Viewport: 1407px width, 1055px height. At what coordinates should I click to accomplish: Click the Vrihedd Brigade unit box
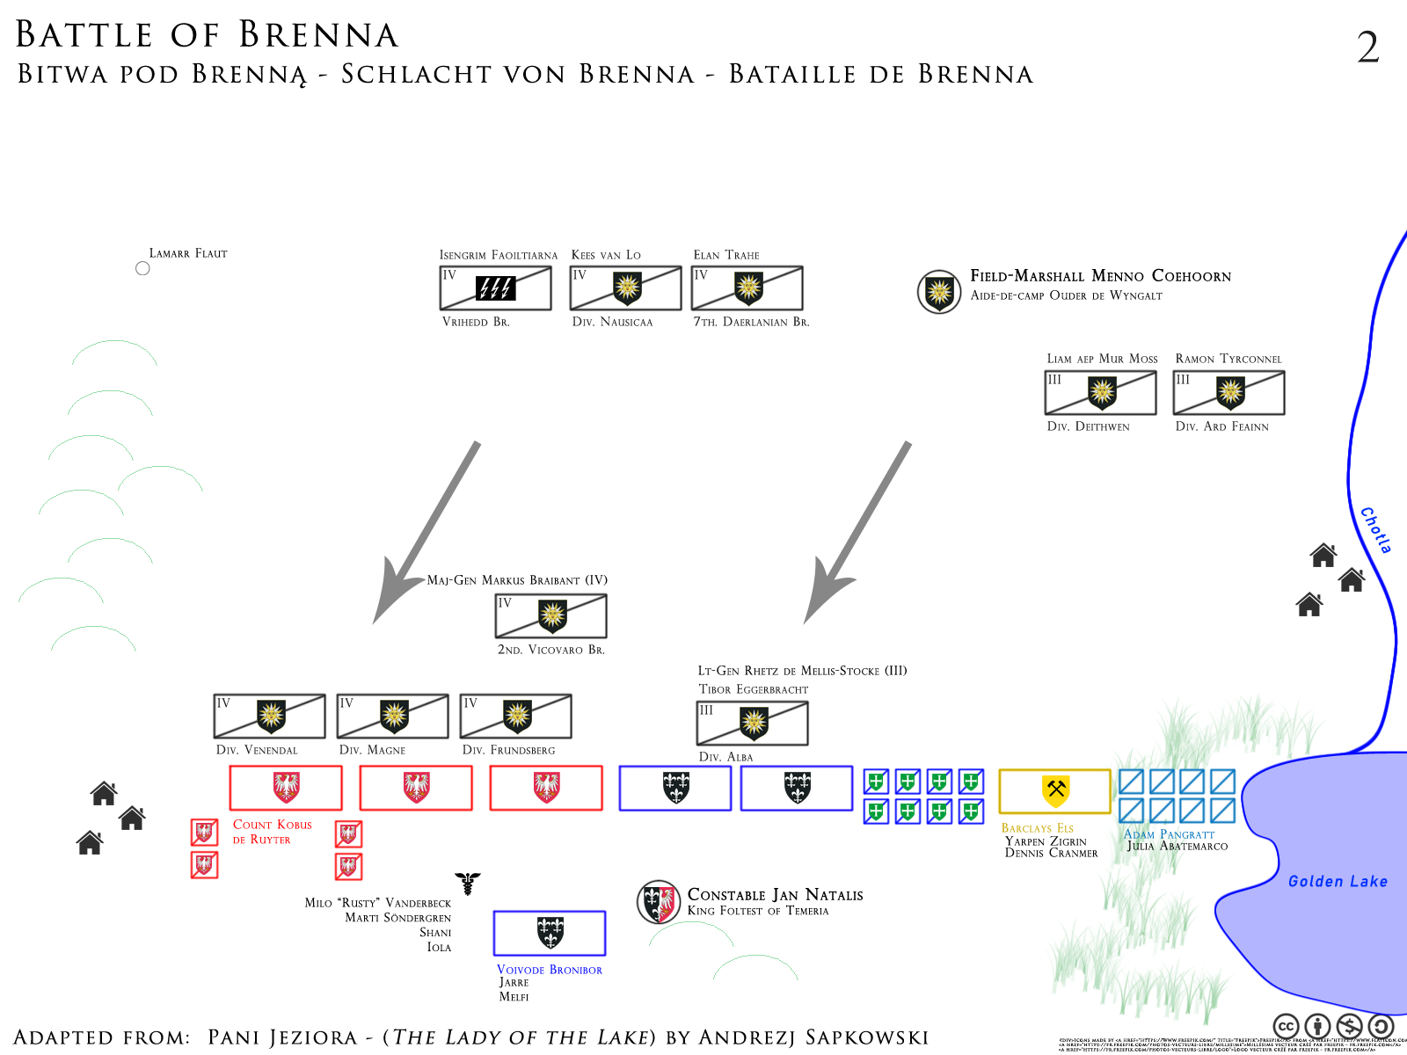(495, 288)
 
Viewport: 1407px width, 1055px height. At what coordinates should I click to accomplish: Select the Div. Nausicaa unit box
(625, 288)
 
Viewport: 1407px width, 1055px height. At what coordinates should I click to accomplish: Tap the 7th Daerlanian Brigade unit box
(747, 288)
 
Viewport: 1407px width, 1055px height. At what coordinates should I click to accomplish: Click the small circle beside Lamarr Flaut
(142, 268)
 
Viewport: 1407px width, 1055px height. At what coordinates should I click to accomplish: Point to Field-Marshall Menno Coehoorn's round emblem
(939, 291)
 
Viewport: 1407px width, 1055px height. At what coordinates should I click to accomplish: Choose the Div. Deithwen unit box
(1100, 392)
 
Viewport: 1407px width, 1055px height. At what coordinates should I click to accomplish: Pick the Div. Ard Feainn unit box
(1228, 392)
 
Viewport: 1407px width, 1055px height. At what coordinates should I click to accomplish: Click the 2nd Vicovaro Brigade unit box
(550, 615)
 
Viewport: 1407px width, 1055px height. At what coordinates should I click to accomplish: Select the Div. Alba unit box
(752, 723)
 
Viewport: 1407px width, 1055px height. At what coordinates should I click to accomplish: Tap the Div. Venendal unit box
(269, 716)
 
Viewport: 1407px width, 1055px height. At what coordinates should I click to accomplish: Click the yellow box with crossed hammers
(1054, 791)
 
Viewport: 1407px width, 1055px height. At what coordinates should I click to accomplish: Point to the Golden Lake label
(1338, 882)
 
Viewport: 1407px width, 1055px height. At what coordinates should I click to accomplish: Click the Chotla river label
(1375, 530)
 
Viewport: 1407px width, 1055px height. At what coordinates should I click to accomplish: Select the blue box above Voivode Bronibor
(550, 933)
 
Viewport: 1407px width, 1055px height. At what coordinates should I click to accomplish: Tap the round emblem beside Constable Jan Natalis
(659, 901)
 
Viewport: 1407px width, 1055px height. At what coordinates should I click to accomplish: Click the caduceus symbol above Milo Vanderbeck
(468, 883)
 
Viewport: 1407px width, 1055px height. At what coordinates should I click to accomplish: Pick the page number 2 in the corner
(1367, 47)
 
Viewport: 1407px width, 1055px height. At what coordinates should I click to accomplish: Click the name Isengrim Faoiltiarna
(498, 255)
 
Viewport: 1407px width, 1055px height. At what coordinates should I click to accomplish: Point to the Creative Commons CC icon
(1286, 1026)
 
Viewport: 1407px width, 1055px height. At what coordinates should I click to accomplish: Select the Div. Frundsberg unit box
(515, 716)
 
